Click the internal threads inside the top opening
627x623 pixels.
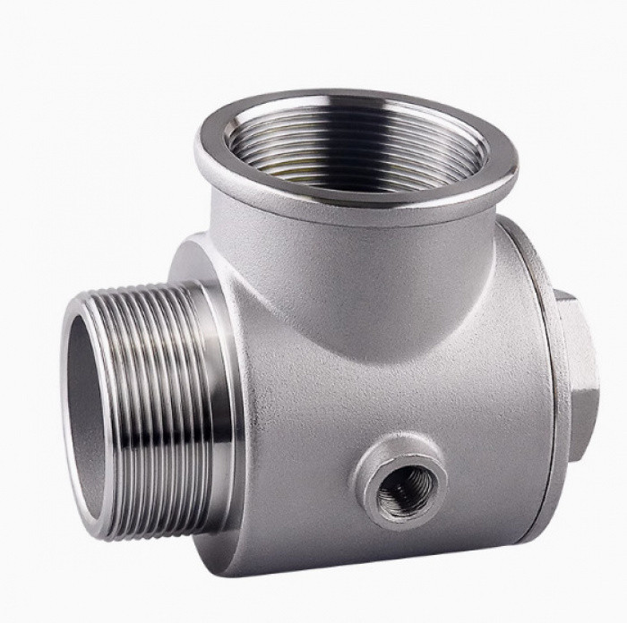pyautogui.click(x=358, y=148)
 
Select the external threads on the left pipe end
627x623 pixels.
pyautogui.click(x=161, y=412)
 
